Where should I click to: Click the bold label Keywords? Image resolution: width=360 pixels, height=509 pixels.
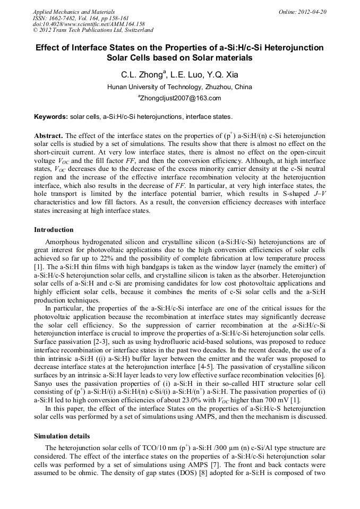click(x=51, y=116)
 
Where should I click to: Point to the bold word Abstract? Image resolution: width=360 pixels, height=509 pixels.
click(x=48, y=135)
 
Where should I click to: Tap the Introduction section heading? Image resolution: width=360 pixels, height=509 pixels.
click(x=54, y=230)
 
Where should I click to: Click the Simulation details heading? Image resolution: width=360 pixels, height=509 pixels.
click(x=62, y=436)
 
